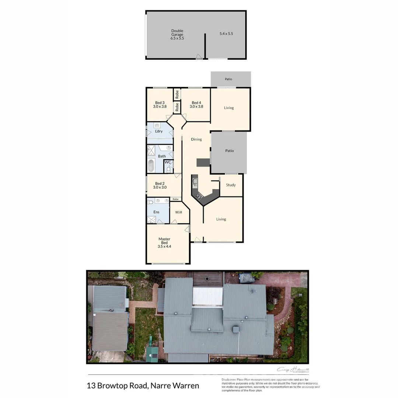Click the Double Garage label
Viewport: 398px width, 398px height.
[177, 34]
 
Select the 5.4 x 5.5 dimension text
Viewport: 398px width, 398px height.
[226, 34]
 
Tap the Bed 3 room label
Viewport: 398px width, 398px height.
[160, 105]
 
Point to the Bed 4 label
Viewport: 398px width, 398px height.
[196, 105]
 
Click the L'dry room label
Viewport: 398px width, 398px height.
[159, 131]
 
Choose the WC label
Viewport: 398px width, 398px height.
[168, 162]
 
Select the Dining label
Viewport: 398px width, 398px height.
[196, 139]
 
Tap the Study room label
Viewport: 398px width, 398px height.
[231, 185]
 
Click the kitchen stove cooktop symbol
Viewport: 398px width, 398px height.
[199, 196]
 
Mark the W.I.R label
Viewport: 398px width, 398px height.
[179, 212]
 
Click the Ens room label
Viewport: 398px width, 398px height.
[156, 212]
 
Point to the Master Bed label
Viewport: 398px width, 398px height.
[164, 242]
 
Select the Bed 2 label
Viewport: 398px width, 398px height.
[160, 185]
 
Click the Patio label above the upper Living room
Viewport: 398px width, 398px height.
[228, 79]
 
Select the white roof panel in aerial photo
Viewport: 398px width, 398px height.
[208, 296]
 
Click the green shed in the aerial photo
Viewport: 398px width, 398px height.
[152, 354]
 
